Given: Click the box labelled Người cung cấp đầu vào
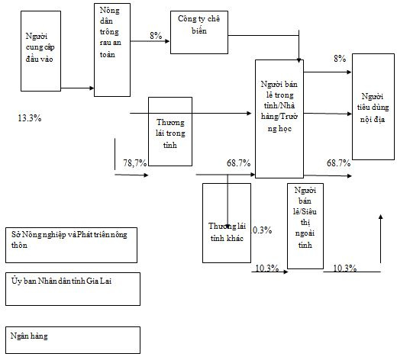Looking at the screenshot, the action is point(40,51).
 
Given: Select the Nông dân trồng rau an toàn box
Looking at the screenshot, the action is point(112,50).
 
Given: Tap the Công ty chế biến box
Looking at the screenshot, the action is point(199,32).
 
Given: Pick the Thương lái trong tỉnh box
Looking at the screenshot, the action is point(170,131).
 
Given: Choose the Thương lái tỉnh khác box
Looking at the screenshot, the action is point(227,223).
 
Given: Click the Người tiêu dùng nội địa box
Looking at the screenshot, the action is point(373,107).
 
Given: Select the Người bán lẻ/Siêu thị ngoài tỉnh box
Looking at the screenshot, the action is point(305,226).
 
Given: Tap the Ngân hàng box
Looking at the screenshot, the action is point(73,340).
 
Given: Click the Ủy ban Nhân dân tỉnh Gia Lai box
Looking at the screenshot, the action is point(73,289).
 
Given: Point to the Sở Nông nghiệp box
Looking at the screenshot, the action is point(71,245).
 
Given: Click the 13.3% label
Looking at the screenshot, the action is point(30,118).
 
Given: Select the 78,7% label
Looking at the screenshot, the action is point(135,162).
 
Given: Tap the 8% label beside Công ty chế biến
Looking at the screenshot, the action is point(156,35).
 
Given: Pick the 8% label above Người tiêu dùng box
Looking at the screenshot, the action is point(340,59).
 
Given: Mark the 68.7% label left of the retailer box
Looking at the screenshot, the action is point(238,163).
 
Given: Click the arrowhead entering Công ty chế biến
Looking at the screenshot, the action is point(167,41).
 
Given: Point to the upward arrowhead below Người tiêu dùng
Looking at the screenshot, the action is point(381,217).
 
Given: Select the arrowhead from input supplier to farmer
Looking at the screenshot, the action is point(92,88).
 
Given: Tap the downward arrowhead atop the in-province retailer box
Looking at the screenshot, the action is point(299,60).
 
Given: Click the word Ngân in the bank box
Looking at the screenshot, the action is point(18,336).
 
